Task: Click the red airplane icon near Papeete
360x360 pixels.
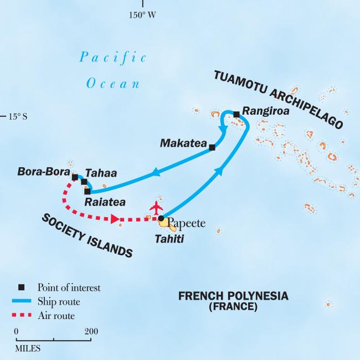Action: click(x=157, y=208)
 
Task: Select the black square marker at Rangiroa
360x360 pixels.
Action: click(x=236, y=115)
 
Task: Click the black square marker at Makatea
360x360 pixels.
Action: click(x=212, y=147)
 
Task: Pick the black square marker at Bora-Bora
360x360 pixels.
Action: click(x=75, y=177)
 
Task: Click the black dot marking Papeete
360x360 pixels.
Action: click(x=161, y=219)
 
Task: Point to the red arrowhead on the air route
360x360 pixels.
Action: click(x=115, y=219)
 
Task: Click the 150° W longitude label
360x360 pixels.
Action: click(x=142, y=15)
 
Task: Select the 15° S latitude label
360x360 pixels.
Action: click(x=18, y=116)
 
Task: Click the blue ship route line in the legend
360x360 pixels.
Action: click(x=22, y=302)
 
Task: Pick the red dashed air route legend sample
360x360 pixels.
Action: click(x=22, y=316)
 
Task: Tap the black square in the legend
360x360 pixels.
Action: click(x=22, y=287)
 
